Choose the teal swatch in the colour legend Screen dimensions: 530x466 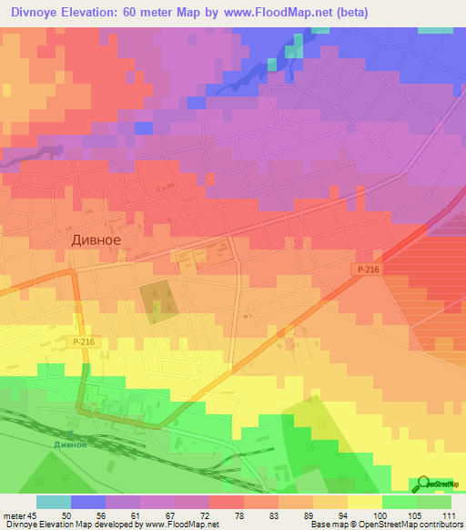coord(54,502)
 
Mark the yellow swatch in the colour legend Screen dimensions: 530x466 coord(364,502)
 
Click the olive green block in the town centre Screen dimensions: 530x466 coord(158,301)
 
